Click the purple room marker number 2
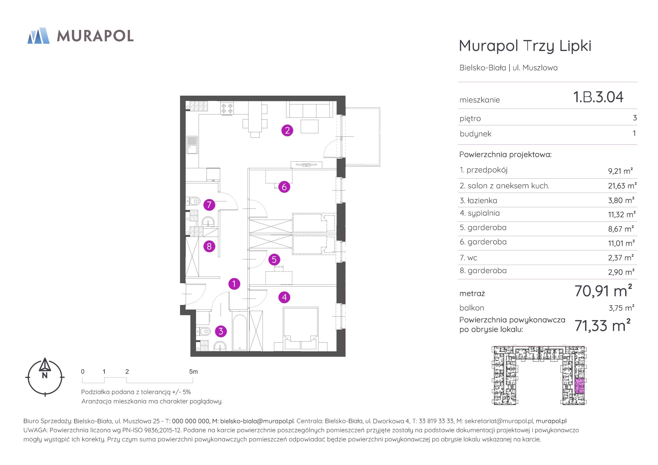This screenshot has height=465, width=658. [x=287, y=131]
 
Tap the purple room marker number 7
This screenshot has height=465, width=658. [x=209, y=205]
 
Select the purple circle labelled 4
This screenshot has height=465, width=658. [x=284, y=297]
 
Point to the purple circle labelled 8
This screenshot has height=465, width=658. [x=209, y=246]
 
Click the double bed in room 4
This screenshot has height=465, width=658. [x=300, y=329]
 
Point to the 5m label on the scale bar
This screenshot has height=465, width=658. [x=194, y=372]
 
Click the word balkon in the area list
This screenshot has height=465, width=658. [x=472, y=308]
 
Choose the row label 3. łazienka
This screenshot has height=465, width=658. [x=478, y=201]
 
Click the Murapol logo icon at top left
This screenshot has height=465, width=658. [x=38, y=36]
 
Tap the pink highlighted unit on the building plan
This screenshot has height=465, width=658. [x=579, y=385]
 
